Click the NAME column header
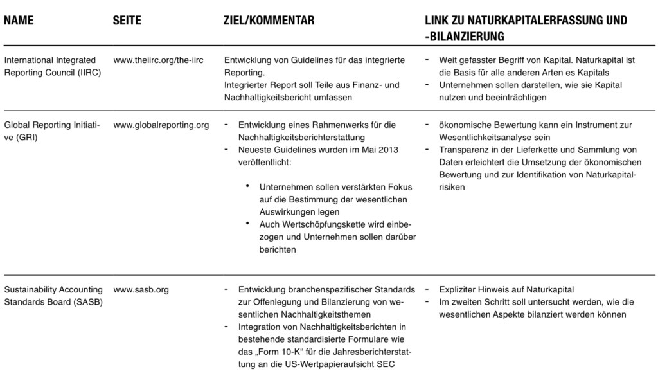(19, 21)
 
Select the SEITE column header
(127, 21)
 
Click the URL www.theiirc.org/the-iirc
(158, 60)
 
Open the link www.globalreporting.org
(161, 125)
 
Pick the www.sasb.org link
(141, 290)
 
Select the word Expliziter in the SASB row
(460, 290)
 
